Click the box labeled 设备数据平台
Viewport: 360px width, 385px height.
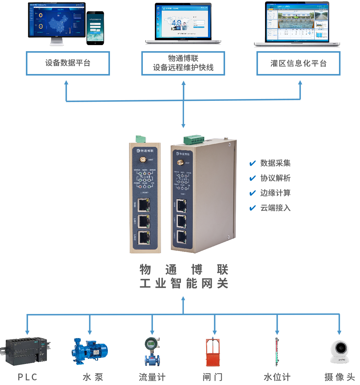[x=68, y=63]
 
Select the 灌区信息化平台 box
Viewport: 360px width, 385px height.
[x=298, y=63]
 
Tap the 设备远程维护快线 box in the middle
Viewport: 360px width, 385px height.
[x=183, y=63]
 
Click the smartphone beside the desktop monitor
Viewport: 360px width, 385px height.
[x=95, y=28]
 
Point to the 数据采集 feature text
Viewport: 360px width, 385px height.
[x=275, y=163]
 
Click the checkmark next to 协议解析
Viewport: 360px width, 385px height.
[x=252, y=178]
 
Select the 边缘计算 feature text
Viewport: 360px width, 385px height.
[x=275, y=193]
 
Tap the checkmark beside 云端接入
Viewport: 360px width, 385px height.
[x=252, y=208]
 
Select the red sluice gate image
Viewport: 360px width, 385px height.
[x=213, y=352]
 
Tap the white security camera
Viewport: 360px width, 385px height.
[x=340, y=352]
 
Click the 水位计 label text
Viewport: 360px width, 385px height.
[x=277, y=377]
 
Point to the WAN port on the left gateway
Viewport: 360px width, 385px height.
[x=143, y=205]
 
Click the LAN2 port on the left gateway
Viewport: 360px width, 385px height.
[x=143, y=238]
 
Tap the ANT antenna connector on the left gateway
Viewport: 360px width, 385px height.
[x=143, y=159]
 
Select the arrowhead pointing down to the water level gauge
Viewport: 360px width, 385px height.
[x=277, y=332]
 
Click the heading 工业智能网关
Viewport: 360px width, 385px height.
[x=184, y=284]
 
